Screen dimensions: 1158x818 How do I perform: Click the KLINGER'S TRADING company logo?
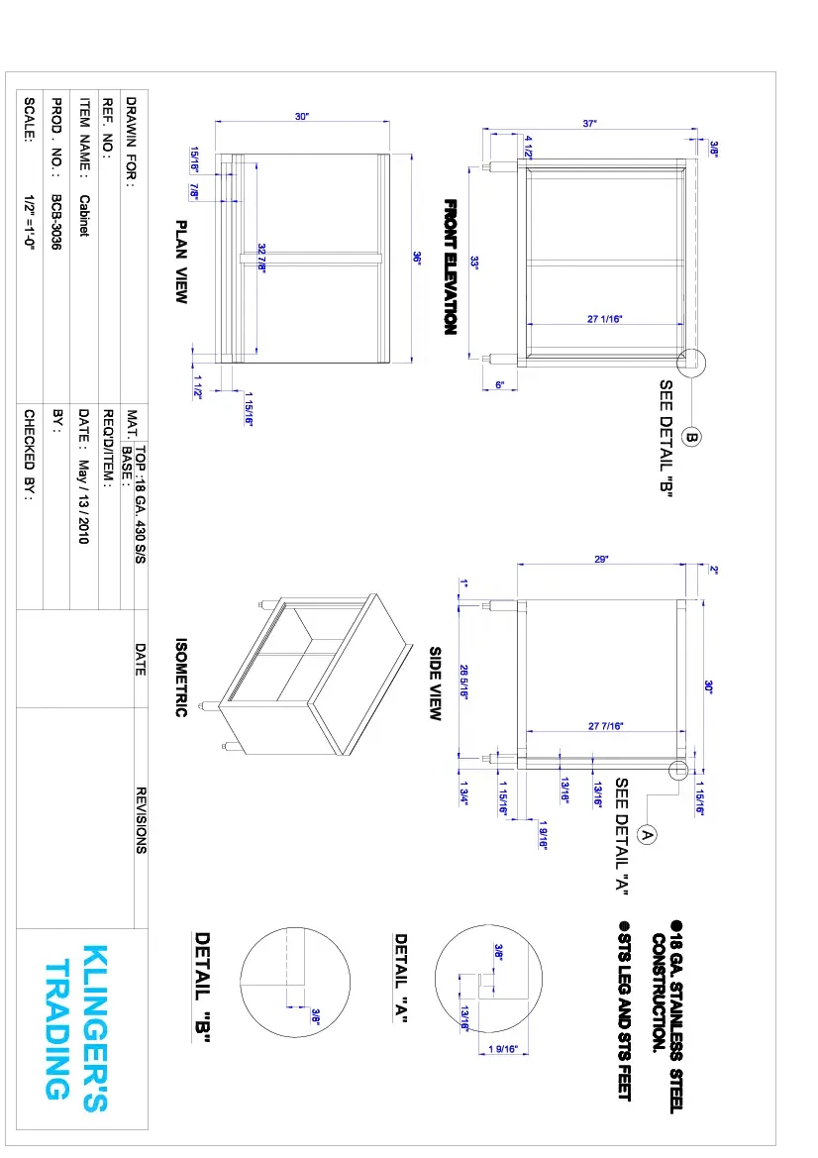tap(76, 1020)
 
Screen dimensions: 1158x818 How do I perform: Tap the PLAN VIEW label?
tap(181, 262)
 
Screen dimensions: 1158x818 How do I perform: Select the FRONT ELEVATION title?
tap(450, 266)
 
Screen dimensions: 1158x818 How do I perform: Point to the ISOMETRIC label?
tap(181, 678)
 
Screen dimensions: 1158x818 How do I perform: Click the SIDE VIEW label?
tap(435, 684)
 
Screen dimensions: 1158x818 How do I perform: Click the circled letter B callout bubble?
tap(692, 437)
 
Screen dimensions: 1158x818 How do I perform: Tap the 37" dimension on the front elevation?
tap(590, 124)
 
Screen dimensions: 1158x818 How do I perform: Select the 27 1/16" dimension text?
tap(604, 318)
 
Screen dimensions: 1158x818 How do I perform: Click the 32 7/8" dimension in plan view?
tap(261, 259)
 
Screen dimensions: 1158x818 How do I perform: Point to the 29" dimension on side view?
tap(601, 560)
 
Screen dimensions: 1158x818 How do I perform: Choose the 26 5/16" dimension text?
tap(462, 681)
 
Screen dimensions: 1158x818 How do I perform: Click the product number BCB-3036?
tap(56, 221)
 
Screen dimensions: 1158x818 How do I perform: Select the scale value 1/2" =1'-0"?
tap(30, 223)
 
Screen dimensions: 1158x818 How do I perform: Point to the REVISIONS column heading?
tap(141, 820)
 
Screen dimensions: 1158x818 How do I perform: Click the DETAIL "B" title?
tap(203, 987)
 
